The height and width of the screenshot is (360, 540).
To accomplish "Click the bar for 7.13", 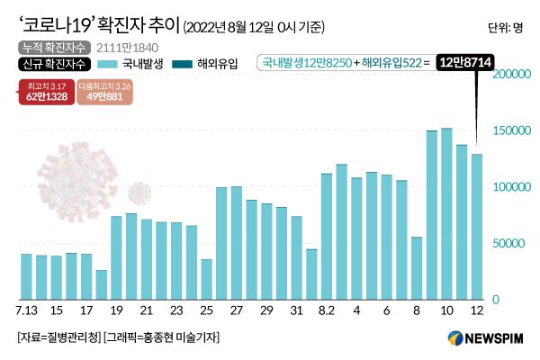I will point(26,276).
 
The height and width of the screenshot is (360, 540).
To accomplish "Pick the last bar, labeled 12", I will point(476,226).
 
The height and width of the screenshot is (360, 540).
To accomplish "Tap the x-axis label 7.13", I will point(27,310).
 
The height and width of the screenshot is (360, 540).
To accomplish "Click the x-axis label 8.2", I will point(327,310).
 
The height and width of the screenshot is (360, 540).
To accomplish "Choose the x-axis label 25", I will point(206,310).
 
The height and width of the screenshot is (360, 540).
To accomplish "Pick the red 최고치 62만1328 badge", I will point(45,93).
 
